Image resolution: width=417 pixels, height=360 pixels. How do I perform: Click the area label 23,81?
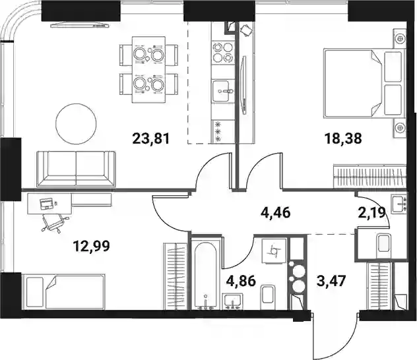coord(151,138)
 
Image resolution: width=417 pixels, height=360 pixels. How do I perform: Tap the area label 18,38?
coord(343,138)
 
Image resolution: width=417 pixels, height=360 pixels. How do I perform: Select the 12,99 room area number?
coord(92,247)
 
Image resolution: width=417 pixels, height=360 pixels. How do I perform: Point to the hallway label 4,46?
coord(275,213)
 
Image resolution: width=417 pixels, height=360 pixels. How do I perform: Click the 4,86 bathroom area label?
coord(241,281)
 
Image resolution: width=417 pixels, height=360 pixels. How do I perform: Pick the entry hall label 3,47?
coord(331,281)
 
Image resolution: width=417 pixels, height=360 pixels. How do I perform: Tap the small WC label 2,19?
coord(372,213)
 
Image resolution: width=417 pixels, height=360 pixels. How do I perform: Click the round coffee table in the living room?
coord(76,124)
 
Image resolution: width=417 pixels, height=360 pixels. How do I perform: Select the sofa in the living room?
coord(76,169)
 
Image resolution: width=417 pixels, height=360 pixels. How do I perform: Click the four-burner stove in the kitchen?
coord(223,52)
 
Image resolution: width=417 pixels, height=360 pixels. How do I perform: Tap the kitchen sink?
coord(223,91)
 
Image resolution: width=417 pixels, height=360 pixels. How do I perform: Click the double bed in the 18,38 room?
coord(363,83)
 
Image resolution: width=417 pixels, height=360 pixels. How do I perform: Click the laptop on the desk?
coord(46,204)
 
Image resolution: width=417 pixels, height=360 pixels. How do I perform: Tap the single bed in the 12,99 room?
coord(64,291)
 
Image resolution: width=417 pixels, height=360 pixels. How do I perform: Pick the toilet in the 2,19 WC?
coord(385,243)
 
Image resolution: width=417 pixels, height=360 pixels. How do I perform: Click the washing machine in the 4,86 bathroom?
coord(274,251)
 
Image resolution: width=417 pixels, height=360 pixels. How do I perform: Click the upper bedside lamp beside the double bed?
coord(399,39)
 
